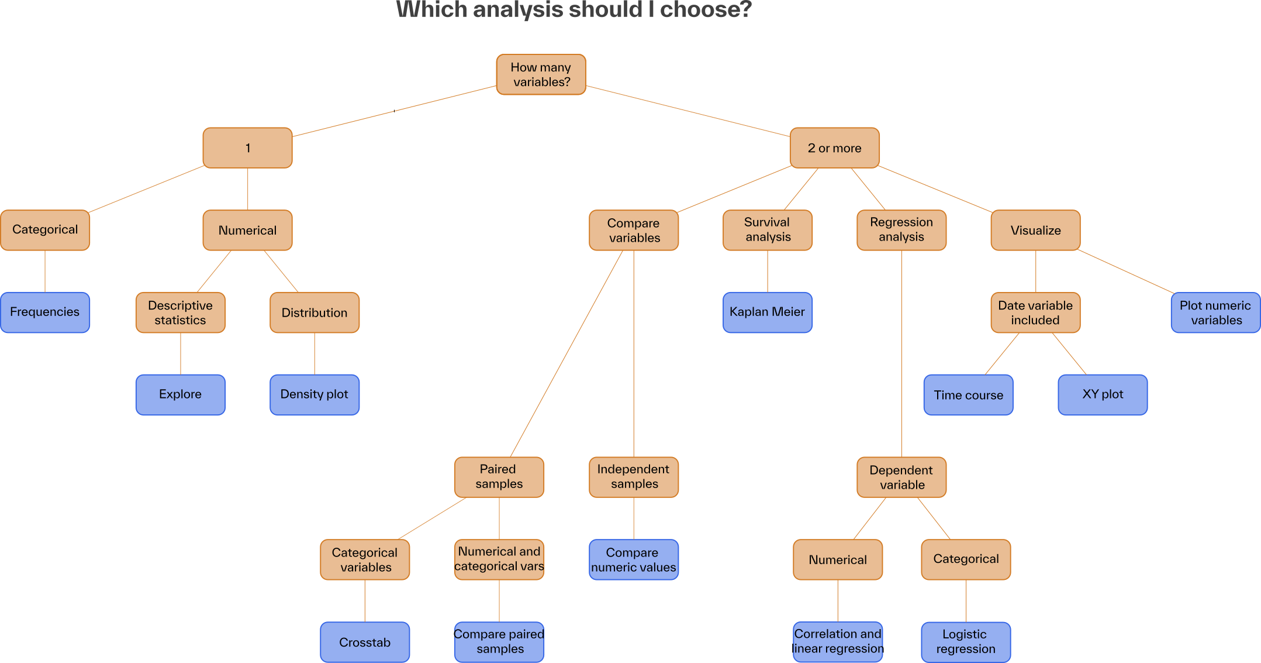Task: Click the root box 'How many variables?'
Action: pyautogui.click(x=541, y=74)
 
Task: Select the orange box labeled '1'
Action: pyautogui.click(x=247, y=147)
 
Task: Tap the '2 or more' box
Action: pyautogui.click(x=834, y=147)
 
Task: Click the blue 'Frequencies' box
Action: pyautogui.click(x=45, y=312)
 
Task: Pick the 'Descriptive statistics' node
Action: pyautogui.click(x=180, y=312)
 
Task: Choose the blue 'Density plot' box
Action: pyautogui.click(x=315, y=394)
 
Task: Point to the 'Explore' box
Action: pyautogui.click(x=180, y=394)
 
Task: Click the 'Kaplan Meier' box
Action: pyautogui.click(x=767, y=312)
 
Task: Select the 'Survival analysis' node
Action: pyautogui.click(x=767, y=230)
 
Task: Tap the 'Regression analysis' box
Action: pyautogui.click(x=901, y=230)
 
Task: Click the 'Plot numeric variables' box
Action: pyautogui.click(x=1215, y=312)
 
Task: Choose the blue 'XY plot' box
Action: pyautogui.click(x=1103, y=394)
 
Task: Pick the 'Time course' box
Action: pyautogui.click(x=968, y=395)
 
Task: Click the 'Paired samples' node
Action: pyautogui.click(x=499, y=477)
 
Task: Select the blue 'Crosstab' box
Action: pyautogui.click(x=365, y=642)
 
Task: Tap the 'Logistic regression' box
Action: pyautogui.click(x=965, y=642)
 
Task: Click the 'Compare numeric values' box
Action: pyautogui.click(x=633, y=559)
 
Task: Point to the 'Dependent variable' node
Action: pyautogui.click(x=901, y=477)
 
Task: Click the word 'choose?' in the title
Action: pyautogui.click(x=706, y=10)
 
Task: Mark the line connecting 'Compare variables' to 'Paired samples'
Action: pyautogui.click(x=567, y=353)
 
